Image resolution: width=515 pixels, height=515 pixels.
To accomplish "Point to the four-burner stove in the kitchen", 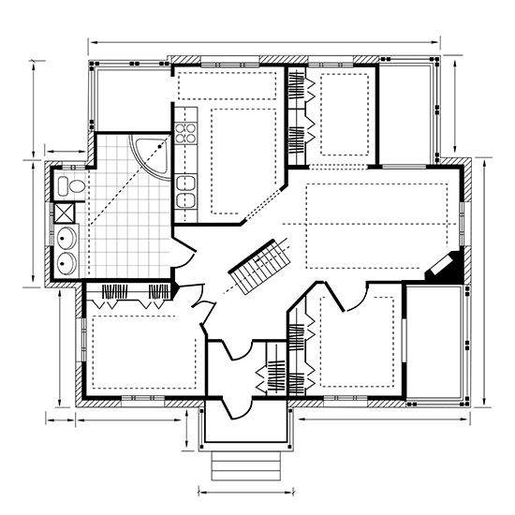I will pyautogui.click(x=185, y=130).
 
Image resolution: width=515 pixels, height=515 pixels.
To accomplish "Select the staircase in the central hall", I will pyautogui.click(x=259, y=266).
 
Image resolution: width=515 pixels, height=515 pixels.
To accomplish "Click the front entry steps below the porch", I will pyautogui.click(x=245, y=465).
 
